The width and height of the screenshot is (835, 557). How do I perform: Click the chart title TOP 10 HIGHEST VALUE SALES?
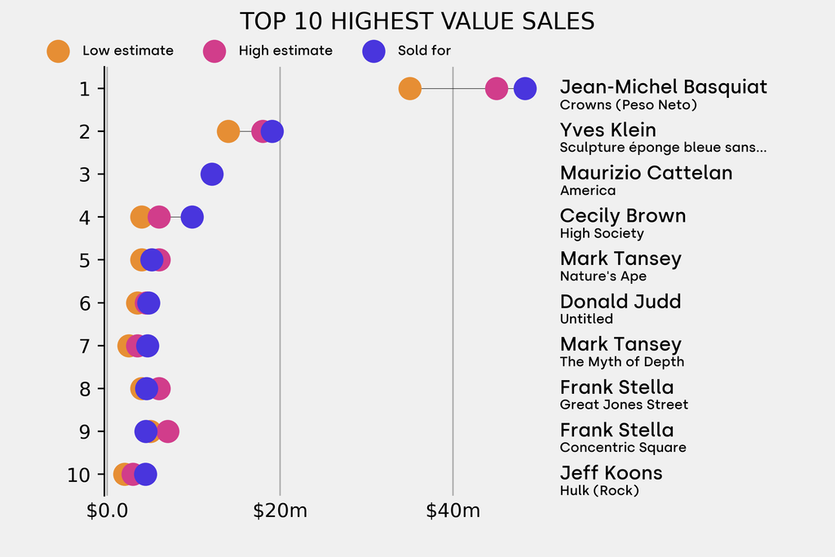[417, 21]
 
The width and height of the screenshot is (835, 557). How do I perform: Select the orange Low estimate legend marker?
[58, 51]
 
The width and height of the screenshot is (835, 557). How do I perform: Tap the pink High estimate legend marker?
[214, 51]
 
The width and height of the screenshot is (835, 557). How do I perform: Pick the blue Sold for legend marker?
[373, 51]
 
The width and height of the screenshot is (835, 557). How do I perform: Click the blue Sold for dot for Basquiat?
[525, 89]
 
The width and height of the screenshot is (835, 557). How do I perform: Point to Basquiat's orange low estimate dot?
[409, 89]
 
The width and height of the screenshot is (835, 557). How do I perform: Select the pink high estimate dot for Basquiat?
[496, 89]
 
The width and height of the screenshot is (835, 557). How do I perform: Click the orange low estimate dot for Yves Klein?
[228, 131]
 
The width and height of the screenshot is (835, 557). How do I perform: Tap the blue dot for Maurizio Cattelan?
[211, 174]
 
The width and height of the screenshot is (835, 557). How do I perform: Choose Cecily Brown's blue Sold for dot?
[192, 217]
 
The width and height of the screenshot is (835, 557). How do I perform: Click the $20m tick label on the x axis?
[280, 511]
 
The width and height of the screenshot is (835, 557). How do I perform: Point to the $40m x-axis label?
[453, 511]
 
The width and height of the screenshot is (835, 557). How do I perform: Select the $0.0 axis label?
[107, 511]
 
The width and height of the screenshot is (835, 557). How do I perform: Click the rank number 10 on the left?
[79, 475]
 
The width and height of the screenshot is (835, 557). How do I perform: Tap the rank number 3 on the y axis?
[85, 174]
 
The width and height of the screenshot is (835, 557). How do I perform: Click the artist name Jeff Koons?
[611, 473]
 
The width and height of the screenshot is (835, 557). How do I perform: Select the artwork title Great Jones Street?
[624, 404]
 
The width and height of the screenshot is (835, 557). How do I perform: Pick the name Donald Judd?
[620, 302]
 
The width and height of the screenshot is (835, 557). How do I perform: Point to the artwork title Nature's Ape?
[603, 276]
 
